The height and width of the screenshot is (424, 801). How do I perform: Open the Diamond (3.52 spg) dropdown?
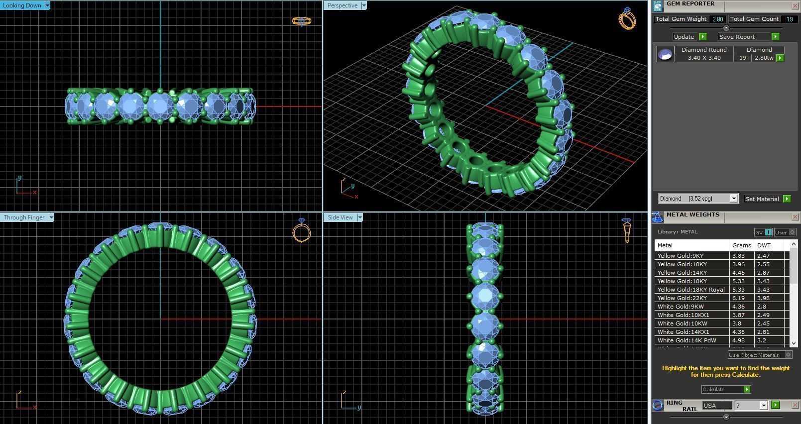click(733, 199)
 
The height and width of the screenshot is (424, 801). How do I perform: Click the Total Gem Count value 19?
click(789, 19)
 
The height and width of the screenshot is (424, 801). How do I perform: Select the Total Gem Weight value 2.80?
click(717, 19)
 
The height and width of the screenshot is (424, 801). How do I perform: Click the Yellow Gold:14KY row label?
click(682, 273)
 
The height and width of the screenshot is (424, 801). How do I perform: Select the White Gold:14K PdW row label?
click(687, 340)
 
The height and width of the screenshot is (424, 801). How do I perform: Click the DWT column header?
click(764, 245)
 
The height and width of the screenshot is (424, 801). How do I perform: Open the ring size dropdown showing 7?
click(763, 406)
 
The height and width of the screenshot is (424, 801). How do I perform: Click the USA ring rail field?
click(717, 406)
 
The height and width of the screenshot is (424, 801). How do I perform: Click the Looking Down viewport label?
click(22, 5)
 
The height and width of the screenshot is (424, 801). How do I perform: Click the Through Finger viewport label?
click(24, 217)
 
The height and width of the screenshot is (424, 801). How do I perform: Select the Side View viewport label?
click(340, 217)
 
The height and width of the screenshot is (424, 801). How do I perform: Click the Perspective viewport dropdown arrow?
click(364, 5)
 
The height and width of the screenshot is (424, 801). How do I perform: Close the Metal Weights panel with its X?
click(795, 217)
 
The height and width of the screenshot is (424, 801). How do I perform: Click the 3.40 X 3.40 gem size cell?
click(704, 58)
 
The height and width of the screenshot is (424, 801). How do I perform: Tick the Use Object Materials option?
click(788, 355)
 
